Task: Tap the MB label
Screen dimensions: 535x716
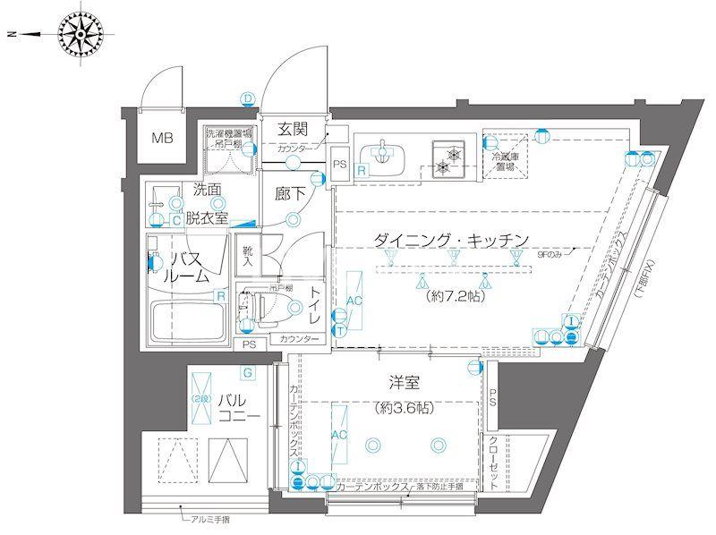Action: click(x=162, y=138)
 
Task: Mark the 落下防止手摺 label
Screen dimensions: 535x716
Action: click(x=439, y=486)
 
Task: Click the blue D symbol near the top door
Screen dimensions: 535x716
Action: click(x=248, y=98)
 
